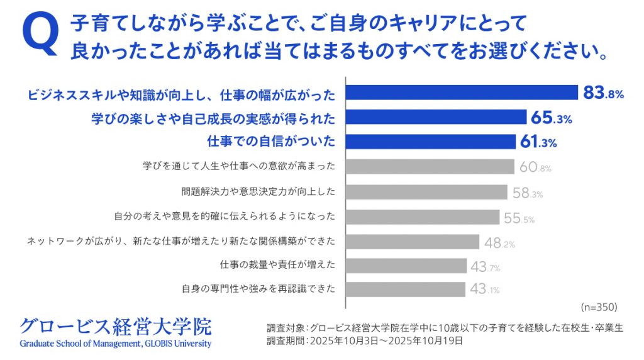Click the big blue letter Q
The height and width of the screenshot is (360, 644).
40,35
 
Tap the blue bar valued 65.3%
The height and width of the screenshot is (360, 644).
436,118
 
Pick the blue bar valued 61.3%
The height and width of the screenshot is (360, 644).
431,142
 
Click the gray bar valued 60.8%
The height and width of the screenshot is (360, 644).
430,167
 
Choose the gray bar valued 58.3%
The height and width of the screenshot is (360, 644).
427,192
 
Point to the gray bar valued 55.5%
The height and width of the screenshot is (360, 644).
423,217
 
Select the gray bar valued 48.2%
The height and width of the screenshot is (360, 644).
413,241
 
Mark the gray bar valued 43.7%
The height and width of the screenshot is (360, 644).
406,266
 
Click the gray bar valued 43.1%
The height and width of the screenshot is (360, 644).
406,290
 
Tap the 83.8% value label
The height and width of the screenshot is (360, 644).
603,94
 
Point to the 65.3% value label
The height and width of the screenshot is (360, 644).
552,118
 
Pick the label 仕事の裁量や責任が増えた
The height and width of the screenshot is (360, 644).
277,266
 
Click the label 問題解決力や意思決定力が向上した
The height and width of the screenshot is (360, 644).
258,192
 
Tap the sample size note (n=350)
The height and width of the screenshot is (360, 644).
597,307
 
